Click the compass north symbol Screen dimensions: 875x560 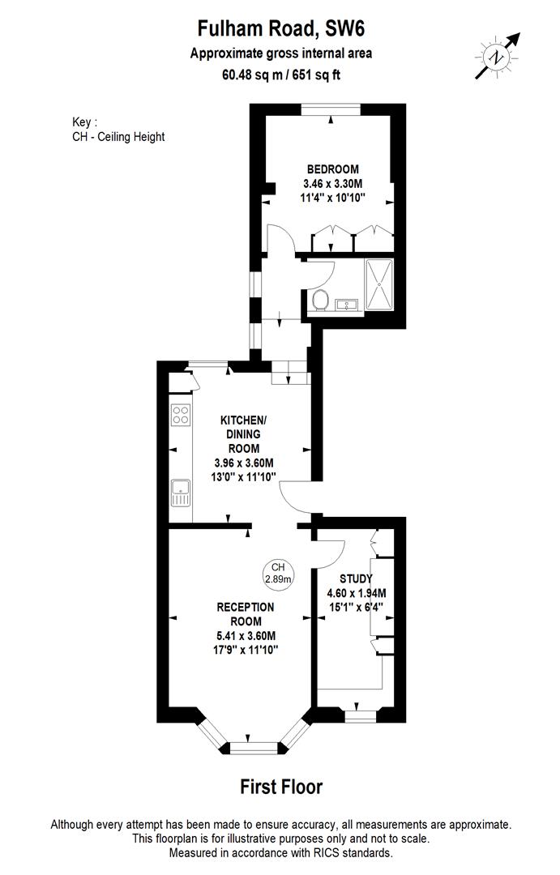[x=494, y=56]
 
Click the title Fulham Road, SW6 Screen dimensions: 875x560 [x=281, y=29]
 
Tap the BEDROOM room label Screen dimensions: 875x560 [x=332, y=169]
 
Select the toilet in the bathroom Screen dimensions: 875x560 [x=320, y=299]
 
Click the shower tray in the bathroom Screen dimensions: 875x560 [x=378, y=284]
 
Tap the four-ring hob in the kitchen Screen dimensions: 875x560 [x=180, y=416]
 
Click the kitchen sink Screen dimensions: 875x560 [x=179, y=493]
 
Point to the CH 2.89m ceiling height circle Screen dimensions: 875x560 [x=279, y=573]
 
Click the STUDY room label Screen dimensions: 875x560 [x=356, y=578]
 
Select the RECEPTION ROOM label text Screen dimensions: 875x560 [x=246, y=614]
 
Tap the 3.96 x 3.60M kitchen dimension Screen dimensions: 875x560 [x=244, y=463]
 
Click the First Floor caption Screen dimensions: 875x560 [x=281, y=787]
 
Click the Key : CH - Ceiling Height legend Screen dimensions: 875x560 [x=118, y=130]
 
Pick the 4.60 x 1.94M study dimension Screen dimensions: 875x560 [x=356, y=592]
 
